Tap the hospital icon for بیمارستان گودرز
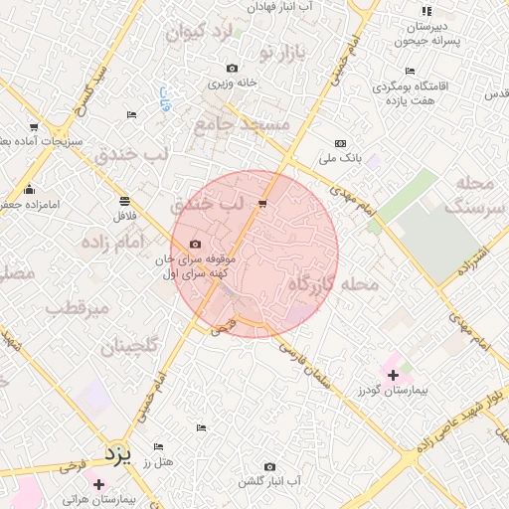394,375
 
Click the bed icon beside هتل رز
158,447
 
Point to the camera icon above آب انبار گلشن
269,466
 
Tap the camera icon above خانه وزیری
232,69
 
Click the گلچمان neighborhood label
129,347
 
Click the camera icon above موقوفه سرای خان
195,245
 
